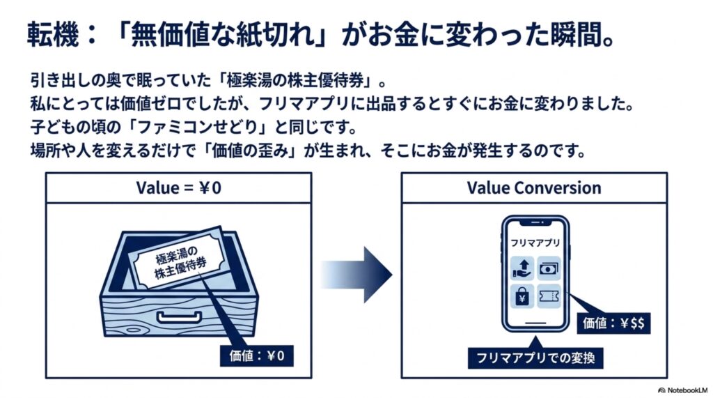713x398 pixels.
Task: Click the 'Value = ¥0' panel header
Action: tap(178, 187)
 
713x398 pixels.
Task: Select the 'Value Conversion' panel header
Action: tap(534, 187)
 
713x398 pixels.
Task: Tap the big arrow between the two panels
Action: tap(356, 275)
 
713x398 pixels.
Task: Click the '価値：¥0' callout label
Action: tap(256, 355)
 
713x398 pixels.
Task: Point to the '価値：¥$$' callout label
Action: tap(613, 323)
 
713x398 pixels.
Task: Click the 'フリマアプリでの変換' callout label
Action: tap(535, 358)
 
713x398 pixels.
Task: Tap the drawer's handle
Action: tap(179, 316)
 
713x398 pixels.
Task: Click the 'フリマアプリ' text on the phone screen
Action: tap(535, 243)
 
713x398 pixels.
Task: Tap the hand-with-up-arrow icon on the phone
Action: tap(522, 268)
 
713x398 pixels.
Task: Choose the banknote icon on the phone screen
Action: tap(549, 268)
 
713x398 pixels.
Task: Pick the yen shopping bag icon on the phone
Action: tap(522, 296)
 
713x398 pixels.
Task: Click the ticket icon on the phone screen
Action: tap(549, 296)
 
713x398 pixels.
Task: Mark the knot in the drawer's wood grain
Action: tap(134, 329)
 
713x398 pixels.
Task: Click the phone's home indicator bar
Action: tap(535, 323)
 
